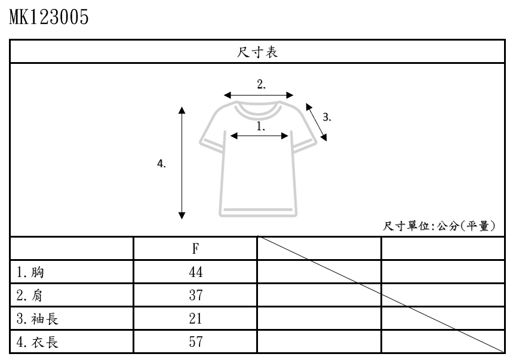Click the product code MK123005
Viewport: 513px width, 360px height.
49,17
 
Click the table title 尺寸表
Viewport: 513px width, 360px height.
256,52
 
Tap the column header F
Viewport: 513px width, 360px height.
195,248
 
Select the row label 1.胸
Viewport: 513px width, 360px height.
30,272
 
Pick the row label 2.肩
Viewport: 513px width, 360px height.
30,295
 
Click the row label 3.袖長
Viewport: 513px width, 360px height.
38,318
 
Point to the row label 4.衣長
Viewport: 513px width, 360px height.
38,341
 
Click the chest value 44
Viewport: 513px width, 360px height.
195,272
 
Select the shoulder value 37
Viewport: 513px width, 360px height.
195,295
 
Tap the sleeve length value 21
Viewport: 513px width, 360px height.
195,318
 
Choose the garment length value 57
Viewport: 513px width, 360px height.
195,341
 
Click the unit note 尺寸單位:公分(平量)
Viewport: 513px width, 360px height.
440,226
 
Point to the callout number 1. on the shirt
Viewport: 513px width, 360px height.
261,126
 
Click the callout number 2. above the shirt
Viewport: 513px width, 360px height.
261,84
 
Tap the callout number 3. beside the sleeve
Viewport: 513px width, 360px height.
327,117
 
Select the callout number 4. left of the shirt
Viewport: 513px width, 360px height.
161,164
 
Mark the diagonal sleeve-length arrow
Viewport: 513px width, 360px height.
317,122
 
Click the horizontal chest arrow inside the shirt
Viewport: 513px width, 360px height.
260,136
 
